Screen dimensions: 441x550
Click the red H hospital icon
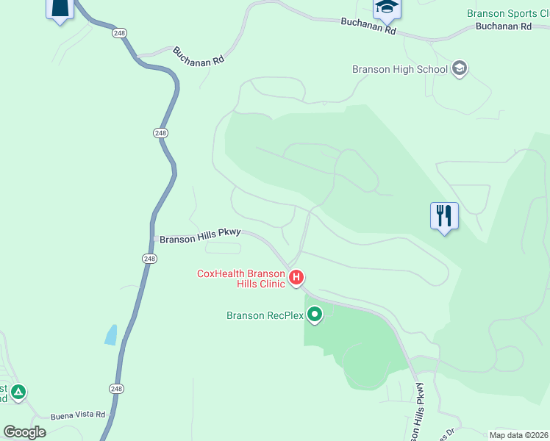(x=296, y=278)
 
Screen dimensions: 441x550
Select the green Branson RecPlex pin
(x=315, y=315)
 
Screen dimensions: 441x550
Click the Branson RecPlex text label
(x=265, y=316)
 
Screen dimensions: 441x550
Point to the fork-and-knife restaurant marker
(x=444, y=216)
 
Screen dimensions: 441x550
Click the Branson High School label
(x=400, y=70)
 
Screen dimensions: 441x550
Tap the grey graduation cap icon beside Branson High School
(x=460, y=69)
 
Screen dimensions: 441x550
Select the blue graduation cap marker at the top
(x=386, y=8)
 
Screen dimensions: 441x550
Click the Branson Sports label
(x=507, y=14)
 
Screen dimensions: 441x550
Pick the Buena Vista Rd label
(x=78, y=415)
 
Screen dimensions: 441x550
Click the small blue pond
(x=111, y=335)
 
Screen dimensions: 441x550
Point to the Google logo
(x=25, y=432)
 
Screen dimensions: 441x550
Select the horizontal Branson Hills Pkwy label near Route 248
(x=200, y=236)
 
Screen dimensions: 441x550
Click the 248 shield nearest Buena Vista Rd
(x=116, y=388)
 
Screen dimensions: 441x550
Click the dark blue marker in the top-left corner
(x=60, y=9)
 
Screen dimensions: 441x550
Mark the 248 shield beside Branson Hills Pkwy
(x=150, y=259)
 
